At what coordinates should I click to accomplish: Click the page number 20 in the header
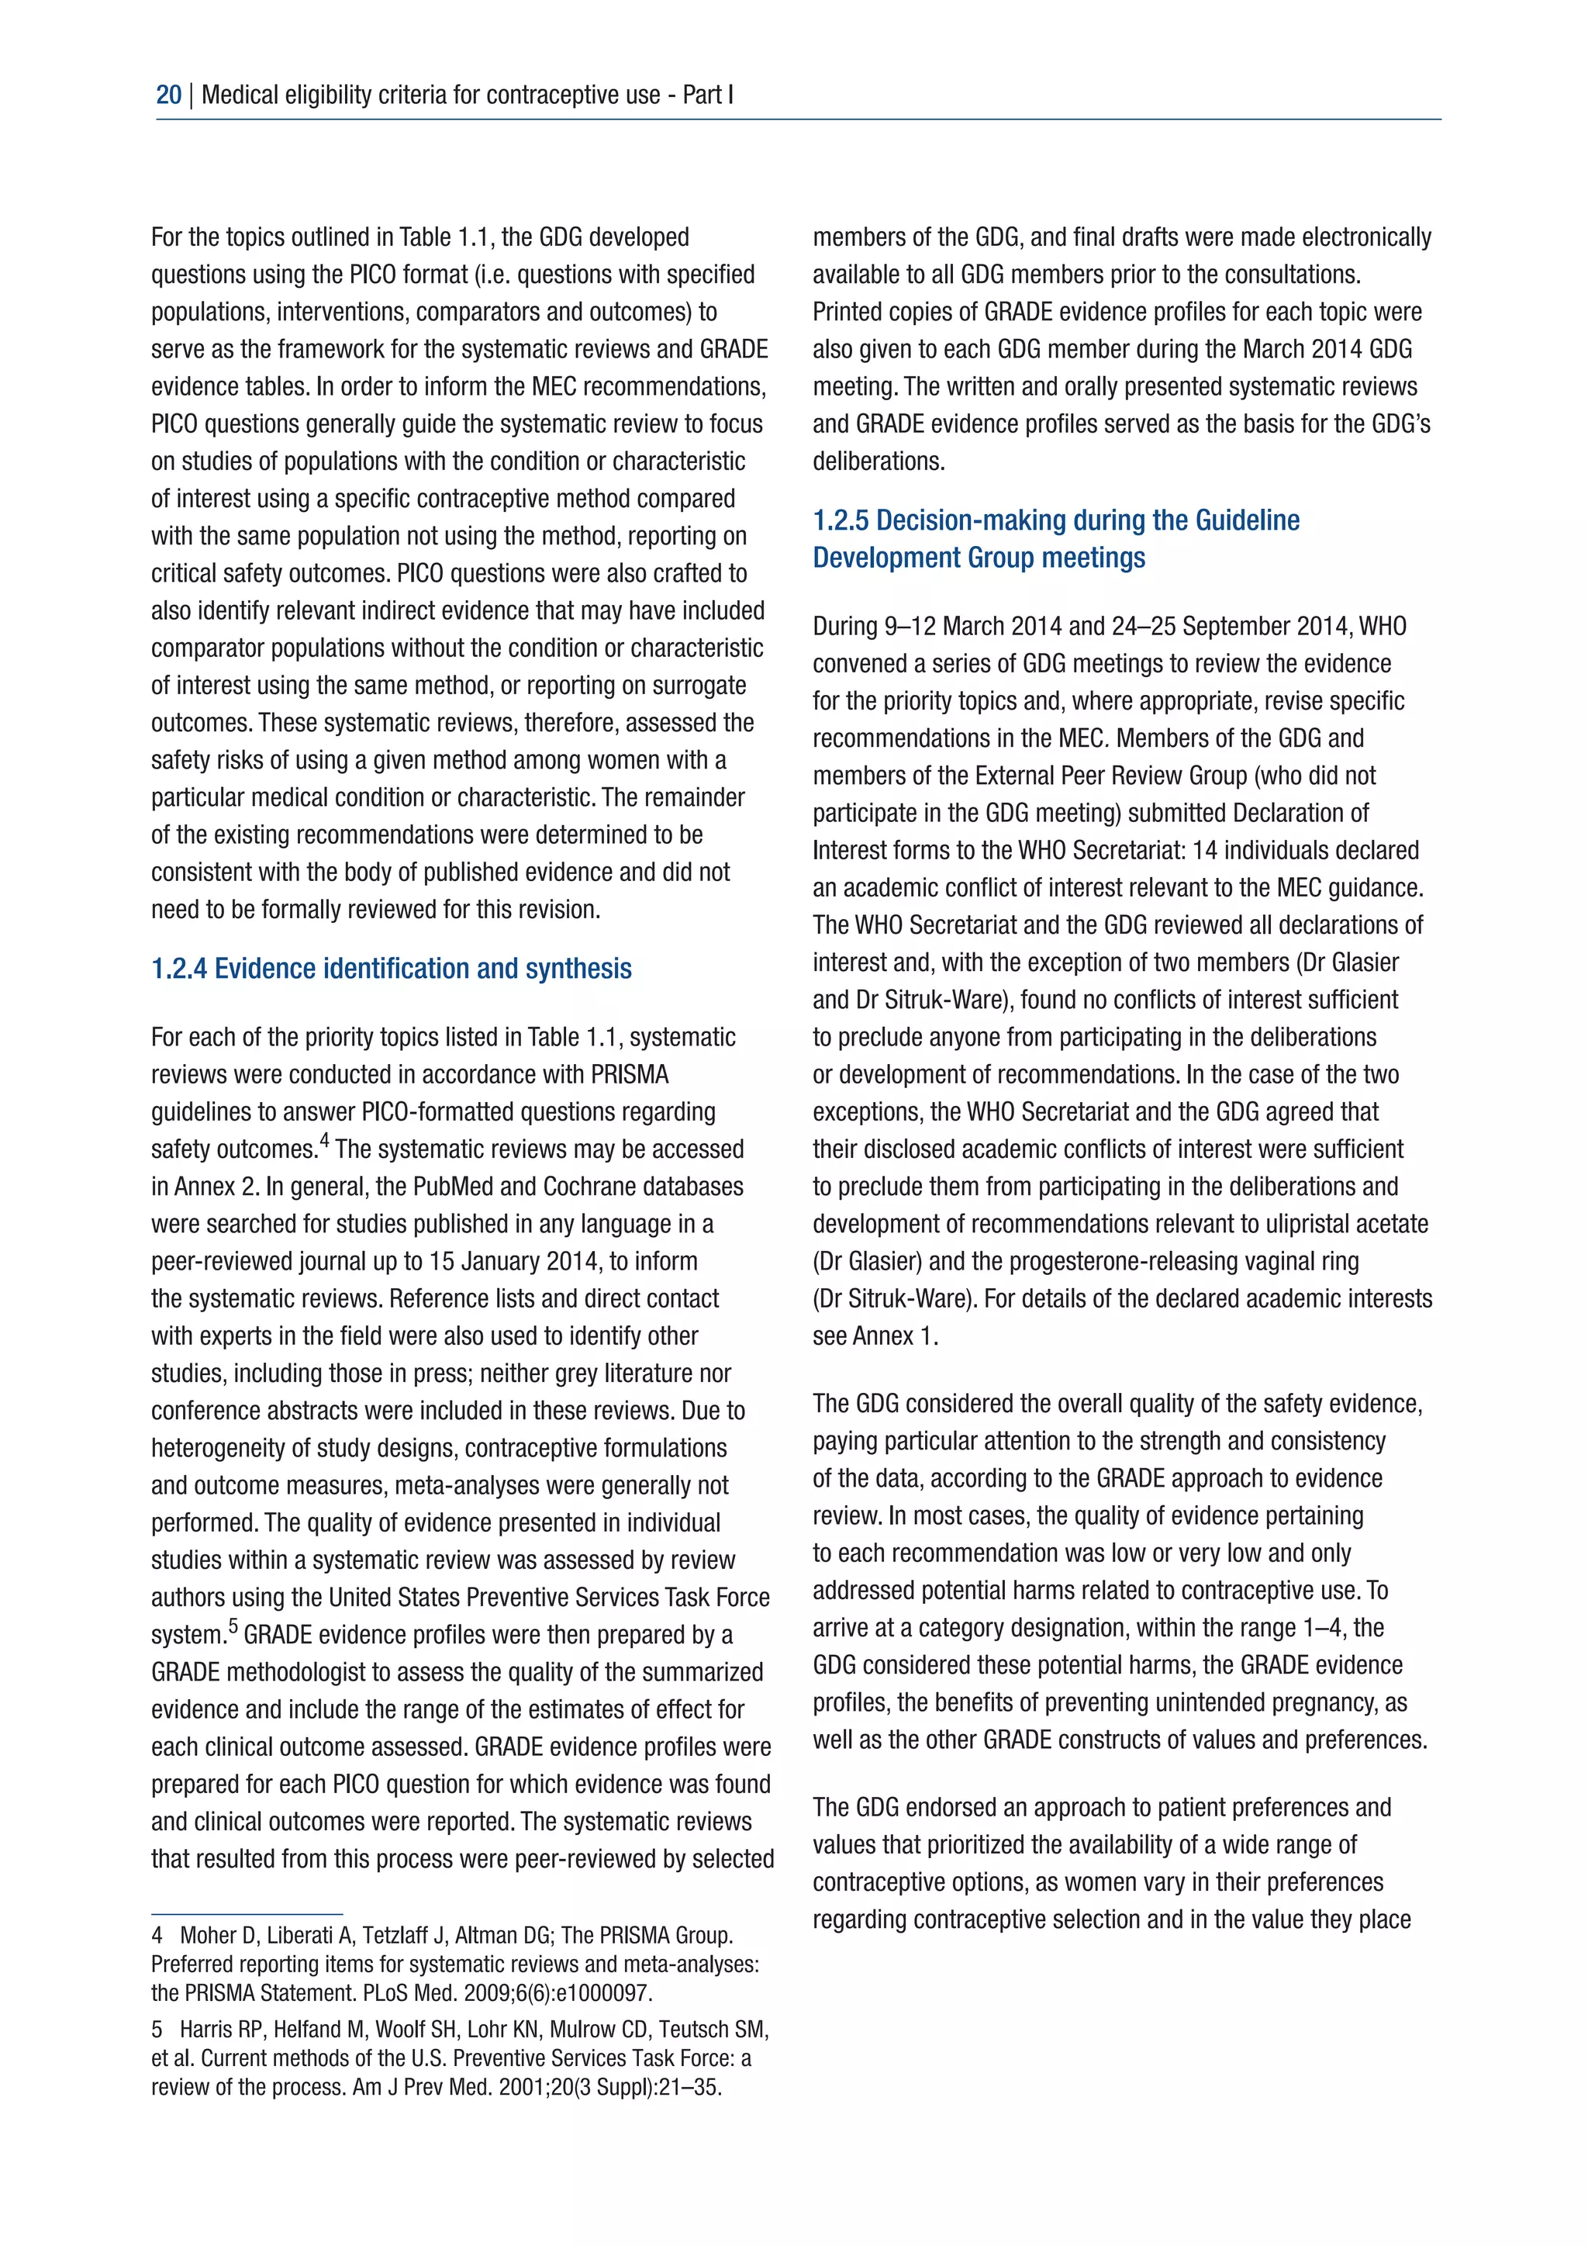pos(168,95)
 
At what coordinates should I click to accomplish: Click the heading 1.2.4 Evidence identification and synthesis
pos(391,969)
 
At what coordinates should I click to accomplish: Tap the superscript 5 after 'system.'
pos(233,1626)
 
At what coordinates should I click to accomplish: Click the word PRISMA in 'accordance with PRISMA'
pos(630,1075)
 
